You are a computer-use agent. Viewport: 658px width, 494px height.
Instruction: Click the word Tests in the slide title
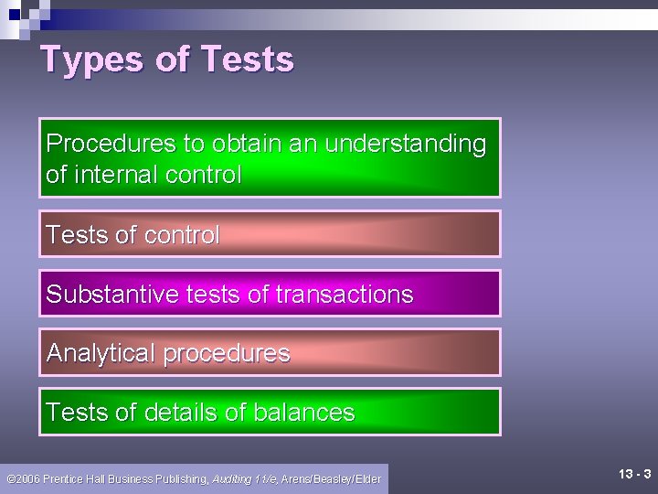click(x=246, y=59)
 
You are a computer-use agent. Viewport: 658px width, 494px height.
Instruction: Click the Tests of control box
click(x=270, y=234)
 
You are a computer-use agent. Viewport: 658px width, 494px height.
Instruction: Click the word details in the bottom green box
click(x=180, y=413)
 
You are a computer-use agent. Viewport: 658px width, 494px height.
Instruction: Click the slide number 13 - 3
click(x=634, y=474)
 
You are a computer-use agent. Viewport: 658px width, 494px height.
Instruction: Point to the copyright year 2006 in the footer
click(x=27, y=478)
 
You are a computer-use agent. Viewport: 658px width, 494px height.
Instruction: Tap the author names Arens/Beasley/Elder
click(x=331, y=478)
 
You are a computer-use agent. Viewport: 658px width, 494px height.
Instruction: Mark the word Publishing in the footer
click(x=183, y=478)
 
